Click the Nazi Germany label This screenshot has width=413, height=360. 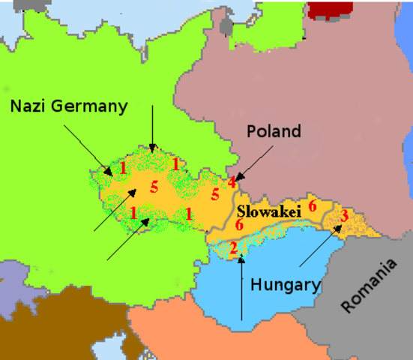69,106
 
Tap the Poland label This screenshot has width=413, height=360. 274,132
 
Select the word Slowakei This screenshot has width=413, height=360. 269,212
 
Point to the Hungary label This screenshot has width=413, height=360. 286,284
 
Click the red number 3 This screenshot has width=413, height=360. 343,216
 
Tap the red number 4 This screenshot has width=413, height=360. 232,181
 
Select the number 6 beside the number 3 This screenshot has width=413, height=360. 313,205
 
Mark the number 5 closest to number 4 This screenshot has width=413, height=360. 214,195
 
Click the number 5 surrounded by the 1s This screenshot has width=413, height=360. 154,187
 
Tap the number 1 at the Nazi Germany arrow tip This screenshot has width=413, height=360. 123,168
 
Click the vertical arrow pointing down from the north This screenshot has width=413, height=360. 151,127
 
